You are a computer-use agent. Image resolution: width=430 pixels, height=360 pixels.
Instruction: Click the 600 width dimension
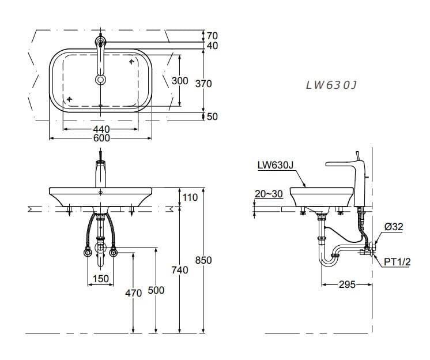coord(101,138)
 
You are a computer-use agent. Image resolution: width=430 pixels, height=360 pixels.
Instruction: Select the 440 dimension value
coord(101,129)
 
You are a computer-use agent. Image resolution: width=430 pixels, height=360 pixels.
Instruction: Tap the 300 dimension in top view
coord(180,81)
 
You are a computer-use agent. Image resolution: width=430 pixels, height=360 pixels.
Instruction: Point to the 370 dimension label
coord(203,84)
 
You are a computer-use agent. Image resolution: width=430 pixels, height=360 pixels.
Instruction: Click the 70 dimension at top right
coord(212,36)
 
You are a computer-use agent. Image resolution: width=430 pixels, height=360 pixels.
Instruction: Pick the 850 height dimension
coord(203,260)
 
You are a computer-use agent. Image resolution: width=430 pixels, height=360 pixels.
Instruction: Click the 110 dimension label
coord(190,197)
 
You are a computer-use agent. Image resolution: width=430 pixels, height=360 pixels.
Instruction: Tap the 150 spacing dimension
coord(101,279)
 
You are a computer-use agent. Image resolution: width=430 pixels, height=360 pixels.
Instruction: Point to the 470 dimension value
coord(133,293)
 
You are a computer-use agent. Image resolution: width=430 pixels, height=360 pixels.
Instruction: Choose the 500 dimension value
coord(156,291)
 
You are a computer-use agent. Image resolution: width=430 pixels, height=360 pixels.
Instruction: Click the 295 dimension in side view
coord(346,284)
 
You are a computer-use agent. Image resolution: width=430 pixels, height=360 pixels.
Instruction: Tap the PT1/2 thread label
coord(397,262)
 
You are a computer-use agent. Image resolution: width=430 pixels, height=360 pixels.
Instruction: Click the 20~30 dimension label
coord(269,194)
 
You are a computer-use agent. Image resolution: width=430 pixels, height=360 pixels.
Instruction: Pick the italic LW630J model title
coord(331,85)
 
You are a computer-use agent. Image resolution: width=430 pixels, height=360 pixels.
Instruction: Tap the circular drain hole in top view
coord(101,80)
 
